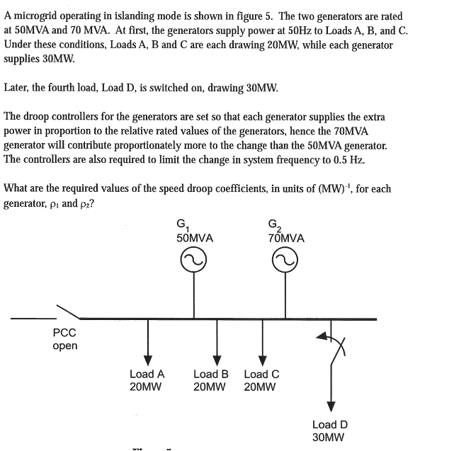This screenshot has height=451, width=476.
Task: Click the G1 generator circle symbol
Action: [193, 264]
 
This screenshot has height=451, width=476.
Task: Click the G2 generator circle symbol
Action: [286, 264]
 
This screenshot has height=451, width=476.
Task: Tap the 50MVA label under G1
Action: [194, 239]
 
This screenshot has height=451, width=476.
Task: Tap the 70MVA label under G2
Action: [286, 239]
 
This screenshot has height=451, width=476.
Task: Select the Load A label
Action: [147, 374]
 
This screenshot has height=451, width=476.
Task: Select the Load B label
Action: [210, 374]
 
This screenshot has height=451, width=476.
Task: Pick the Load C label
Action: [261, 374]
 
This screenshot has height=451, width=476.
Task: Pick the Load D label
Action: [330, 425]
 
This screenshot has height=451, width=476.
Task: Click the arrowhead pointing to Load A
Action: [147, 356]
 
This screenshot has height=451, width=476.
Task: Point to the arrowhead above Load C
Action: [262, 356]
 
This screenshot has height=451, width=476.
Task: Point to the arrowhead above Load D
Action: [330, 406]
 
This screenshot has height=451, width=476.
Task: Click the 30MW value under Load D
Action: [329, 438]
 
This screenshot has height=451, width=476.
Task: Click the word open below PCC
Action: [65, 346]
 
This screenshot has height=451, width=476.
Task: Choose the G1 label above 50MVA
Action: [182, 226]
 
